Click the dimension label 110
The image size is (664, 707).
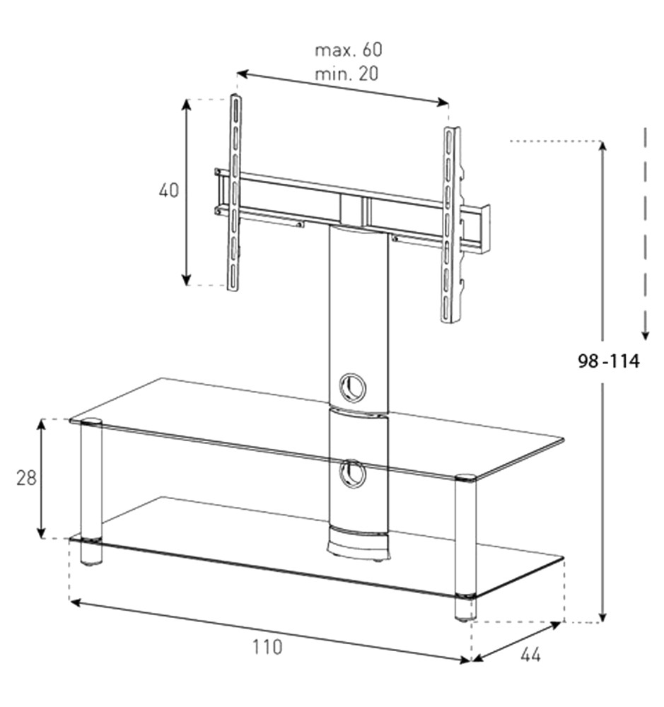coord(267,647)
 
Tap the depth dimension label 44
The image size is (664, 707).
coord(530,655)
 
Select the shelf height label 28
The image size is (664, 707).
coord(26,478)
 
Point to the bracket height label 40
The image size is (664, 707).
coord(169,190)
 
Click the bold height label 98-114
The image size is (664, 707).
coord(609,361)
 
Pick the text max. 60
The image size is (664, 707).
coord(348,49)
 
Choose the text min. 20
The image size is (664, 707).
coord(346,74)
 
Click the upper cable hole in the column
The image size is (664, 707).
coord(352,387)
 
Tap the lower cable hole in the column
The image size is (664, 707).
coord(352,474)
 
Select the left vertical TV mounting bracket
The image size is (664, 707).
coord(234,192)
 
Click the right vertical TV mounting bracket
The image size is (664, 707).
coord(450,225)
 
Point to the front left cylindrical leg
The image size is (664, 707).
coord(91,492)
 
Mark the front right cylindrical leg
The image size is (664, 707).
coord(465,548)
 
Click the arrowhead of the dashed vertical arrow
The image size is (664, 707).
coord(645,335)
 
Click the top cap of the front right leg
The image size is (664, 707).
coord(465,478)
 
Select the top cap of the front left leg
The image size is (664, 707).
coord(91,423)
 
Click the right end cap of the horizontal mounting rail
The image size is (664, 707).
coord(484,228)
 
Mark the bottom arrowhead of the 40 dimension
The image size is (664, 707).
coord(186,279)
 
